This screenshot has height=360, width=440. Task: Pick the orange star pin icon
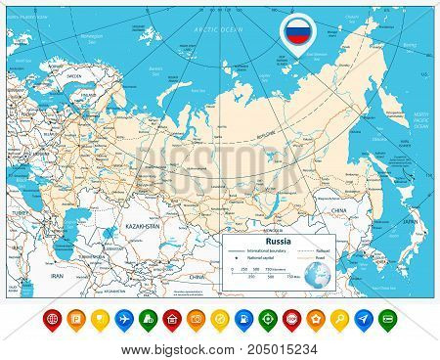315,320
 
